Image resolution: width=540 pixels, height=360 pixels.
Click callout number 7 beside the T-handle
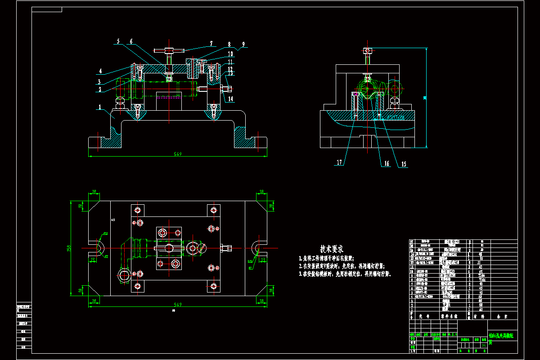[x=210, y=44]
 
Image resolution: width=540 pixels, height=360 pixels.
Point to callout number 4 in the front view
[x=101, y=71]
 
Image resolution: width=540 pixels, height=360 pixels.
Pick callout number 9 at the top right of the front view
[x=243, y=44]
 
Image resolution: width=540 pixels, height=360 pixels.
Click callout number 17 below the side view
[x=339, y=162]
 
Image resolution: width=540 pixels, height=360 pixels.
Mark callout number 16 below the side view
[x=386, y=163]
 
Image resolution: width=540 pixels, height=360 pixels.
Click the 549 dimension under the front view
[x=178, y=154]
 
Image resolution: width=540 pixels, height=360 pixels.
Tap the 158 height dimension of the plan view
[x=69, y=248]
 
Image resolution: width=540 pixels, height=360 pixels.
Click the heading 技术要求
[x=332, y=248]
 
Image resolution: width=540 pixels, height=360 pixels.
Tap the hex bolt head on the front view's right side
[x=225, y=89]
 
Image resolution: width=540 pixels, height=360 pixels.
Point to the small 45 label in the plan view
[x=113, y=220]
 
